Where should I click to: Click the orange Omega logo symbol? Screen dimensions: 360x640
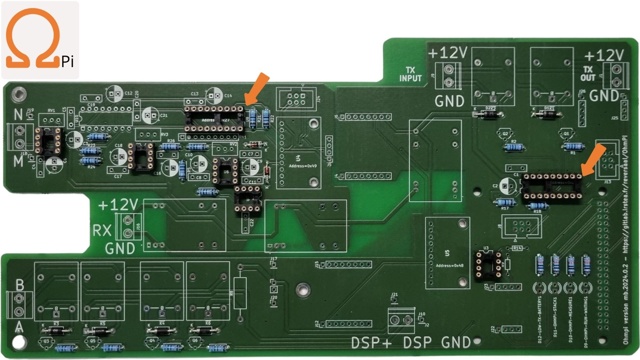coord(33,38)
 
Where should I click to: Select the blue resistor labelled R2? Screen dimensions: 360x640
coord(514,147)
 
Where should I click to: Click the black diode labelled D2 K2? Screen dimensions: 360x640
coord(489,114)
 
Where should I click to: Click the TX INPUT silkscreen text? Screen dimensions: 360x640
coord(410,74)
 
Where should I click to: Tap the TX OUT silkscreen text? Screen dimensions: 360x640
coord(587,73)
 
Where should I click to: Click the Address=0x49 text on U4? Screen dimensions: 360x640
coord(303,166)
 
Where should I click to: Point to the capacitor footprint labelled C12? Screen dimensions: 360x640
coord(115,93)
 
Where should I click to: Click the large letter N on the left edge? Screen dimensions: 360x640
coord(18,114)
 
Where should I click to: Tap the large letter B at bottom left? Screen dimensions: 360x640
coord(19,285)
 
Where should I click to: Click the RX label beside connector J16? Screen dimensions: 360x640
coord(102,230)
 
